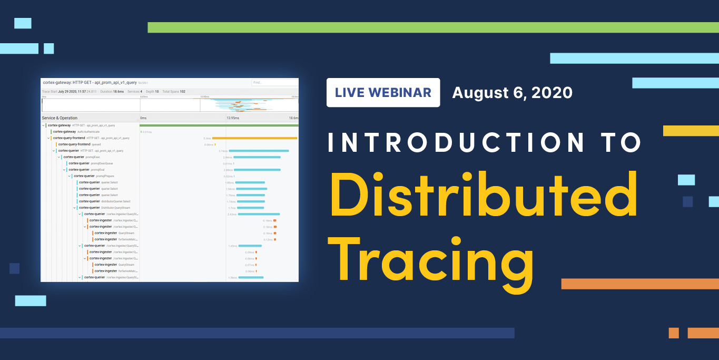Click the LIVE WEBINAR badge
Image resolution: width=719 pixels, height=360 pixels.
coord(383,93)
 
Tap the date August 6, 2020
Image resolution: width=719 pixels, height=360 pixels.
coord(512,93)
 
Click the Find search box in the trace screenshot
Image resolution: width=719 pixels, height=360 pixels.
coord(274,83)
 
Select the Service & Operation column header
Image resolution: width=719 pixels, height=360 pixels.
coord(60,118)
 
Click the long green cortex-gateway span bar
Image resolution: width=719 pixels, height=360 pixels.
coord(219,125)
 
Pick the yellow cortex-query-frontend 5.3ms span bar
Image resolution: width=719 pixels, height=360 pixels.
coord(254,138)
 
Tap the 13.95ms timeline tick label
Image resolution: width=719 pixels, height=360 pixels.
coord(232,118)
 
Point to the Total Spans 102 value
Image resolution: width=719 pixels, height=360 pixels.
coord(173,92)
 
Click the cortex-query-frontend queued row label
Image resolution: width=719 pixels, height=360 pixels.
coord(79,144)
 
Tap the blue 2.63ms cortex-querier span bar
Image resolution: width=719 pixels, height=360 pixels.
coord(259,214)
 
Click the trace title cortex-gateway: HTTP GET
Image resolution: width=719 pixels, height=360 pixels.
coord(90,83)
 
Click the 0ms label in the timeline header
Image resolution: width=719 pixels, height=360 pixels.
coord(143,118)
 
